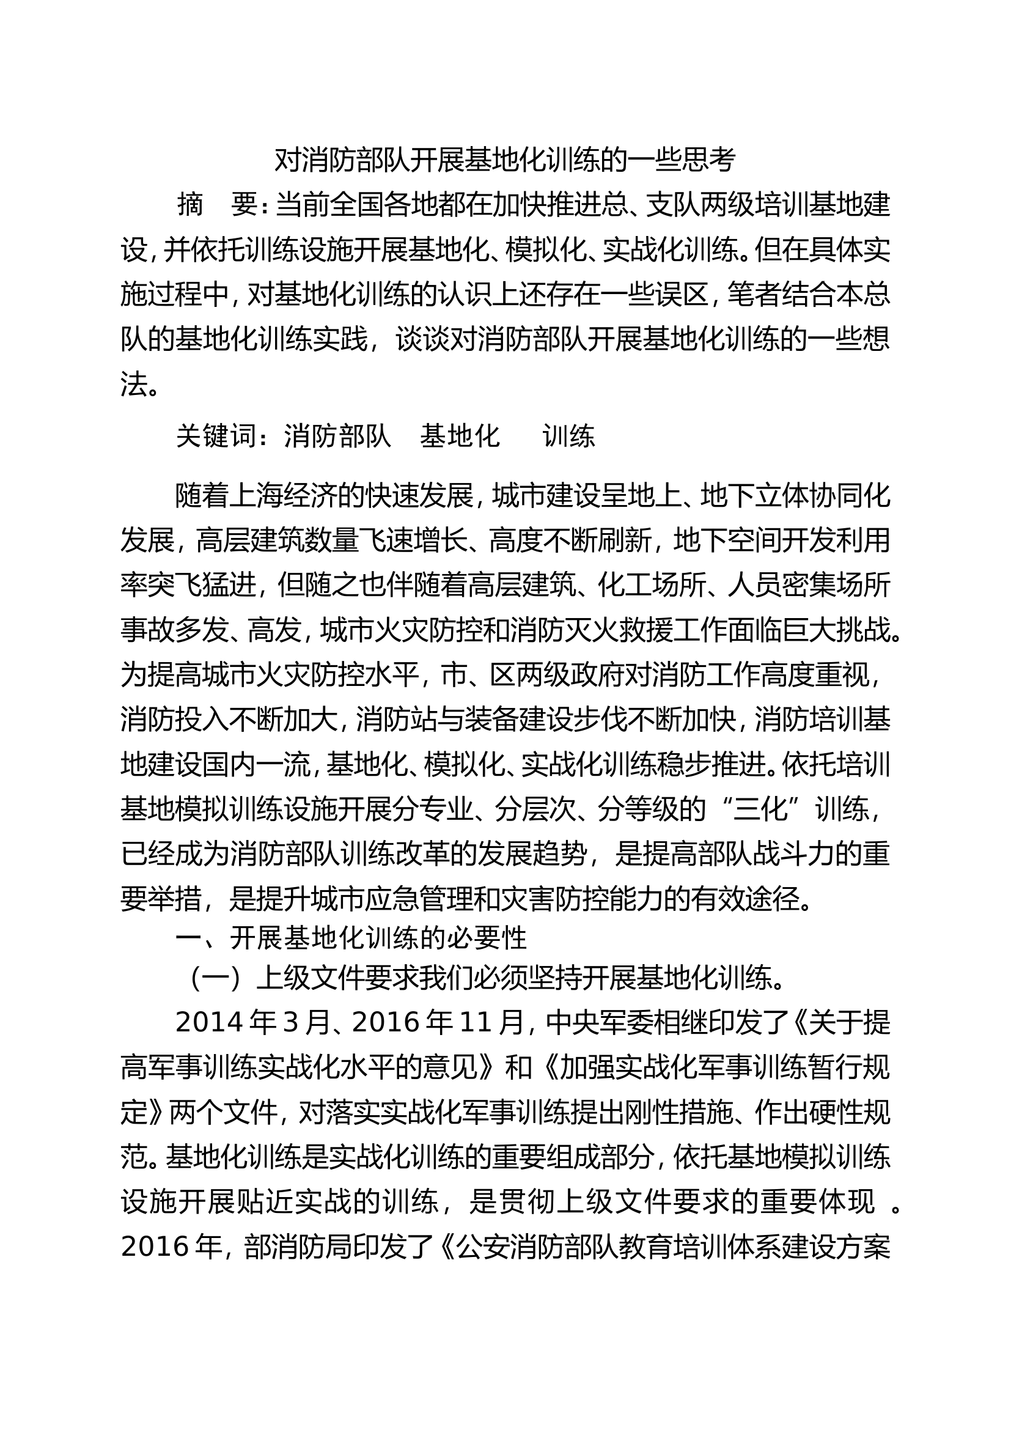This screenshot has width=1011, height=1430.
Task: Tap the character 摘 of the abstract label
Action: click(191, 204)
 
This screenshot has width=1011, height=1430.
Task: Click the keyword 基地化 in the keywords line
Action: click(460, 437)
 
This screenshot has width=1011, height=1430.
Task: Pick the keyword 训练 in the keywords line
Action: click(569, 437)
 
